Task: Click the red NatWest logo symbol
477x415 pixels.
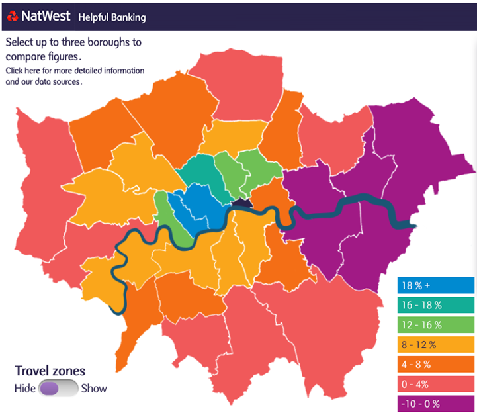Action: [13, 16]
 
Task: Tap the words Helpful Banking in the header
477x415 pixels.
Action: [112, 17]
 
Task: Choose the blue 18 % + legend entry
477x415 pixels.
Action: [435, 286]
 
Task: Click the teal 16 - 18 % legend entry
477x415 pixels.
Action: [435, 306]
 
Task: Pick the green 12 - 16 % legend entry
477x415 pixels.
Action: [435, 325]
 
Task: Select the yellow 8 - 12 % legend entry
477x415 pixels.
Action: [435, 345]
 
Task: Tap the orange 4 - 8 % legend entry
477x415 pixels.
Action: [435, 364]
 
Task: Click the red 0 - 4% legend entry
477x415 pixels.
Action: [435, 384]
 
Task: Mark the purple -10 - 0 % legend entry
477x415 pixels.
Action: [435, 404]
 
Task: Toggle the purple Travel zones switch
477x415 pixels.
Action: [58, 389]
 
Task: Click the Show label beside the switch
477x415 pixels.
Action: [94, 389]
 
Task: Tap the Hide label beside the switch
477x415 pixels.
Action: [24, 389]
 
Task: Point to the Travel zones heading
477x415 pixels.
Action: [50, 371]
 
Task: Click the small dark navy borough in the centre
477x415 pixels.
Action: [243, 205]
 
